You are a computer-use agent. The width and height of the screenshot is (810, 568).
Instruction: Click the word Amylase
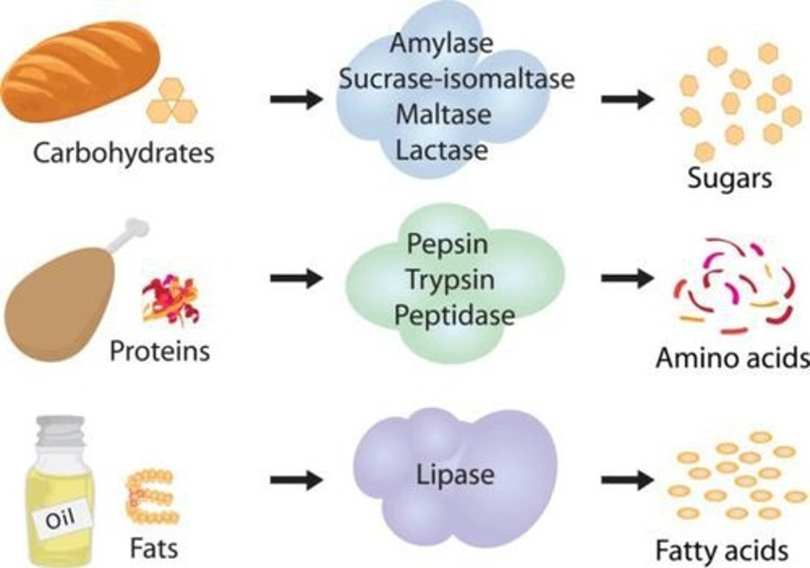coord(442,43)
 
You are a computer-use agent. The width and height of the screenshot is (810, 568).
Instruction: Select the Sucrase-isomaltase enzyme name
coord(456,79)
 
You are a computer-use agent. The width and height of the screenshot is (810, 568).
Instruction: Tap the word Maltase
coord(443,115)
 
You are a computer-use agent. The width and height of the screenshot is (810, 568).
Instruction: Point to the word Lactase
coord(442,150)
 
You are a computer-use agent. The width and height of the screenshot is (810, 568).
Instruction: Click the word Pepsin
coord(447,244)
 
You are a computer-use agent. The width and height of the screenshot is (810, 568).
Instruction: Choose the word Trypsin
coord(450,280)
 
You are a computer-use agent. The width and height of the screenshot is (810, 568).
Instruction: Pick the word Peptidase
coord(454,315)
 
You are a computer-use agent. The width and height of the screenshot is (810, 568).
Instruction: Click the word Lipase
coord(455,475)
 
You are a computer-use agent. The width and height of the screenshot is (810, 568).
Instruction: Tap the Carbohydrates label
coord(124,153)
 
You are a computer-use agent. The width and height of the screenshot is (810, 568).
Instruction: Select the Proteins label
coord(160,351)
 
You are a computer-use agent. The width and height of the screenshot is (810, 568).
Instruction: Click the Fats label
coord(154,548)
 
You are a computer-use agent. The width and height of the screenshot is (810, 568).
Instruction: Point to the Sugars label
coord(730,179)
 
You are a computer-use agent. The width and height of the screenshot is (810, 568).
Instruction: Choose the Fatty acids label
coord(722,551)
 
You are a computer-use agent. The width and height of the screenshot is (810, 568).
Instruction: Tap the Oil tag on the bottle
coord(60,518)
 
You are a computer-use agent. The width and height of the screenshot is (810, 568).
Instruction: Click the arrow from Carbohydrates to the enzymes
coord(296,100)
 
